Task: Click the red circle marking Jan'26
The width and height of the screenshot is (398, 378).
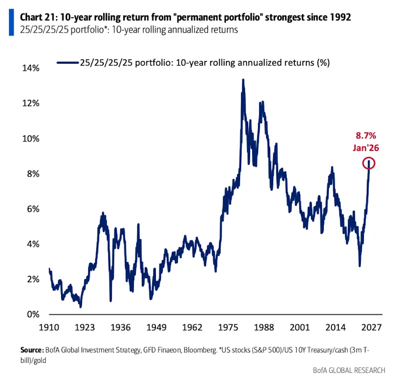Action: (x=369, y=163)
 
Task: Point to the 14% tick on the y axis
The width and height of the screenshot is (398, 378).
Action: (x=31, y=68)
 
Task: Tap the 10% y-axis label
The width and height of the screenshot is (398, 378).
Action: (x=31, y=138)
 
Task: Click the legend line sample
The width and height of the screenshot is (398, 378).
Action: (x=68, y=63)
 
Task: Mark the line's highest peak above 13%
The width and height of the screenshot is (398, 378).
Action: (x=243, y=80)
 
